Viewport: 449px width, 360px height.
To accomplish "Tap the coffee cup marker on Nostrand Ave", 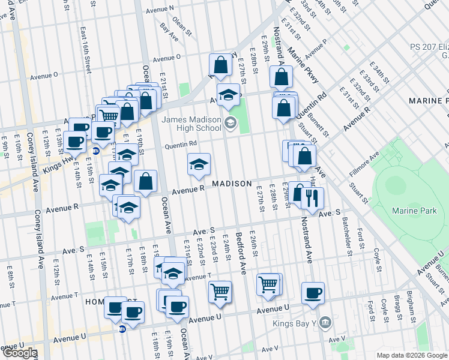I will [313, 293].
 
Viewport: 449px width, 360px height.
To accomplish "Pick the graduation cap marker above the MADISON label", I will [199, 164].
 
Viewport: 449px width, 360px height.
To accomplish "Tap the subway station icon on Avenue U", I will [122, 329].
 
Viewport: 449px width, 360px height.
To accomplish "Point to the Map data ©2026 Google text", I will [412, 355].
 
